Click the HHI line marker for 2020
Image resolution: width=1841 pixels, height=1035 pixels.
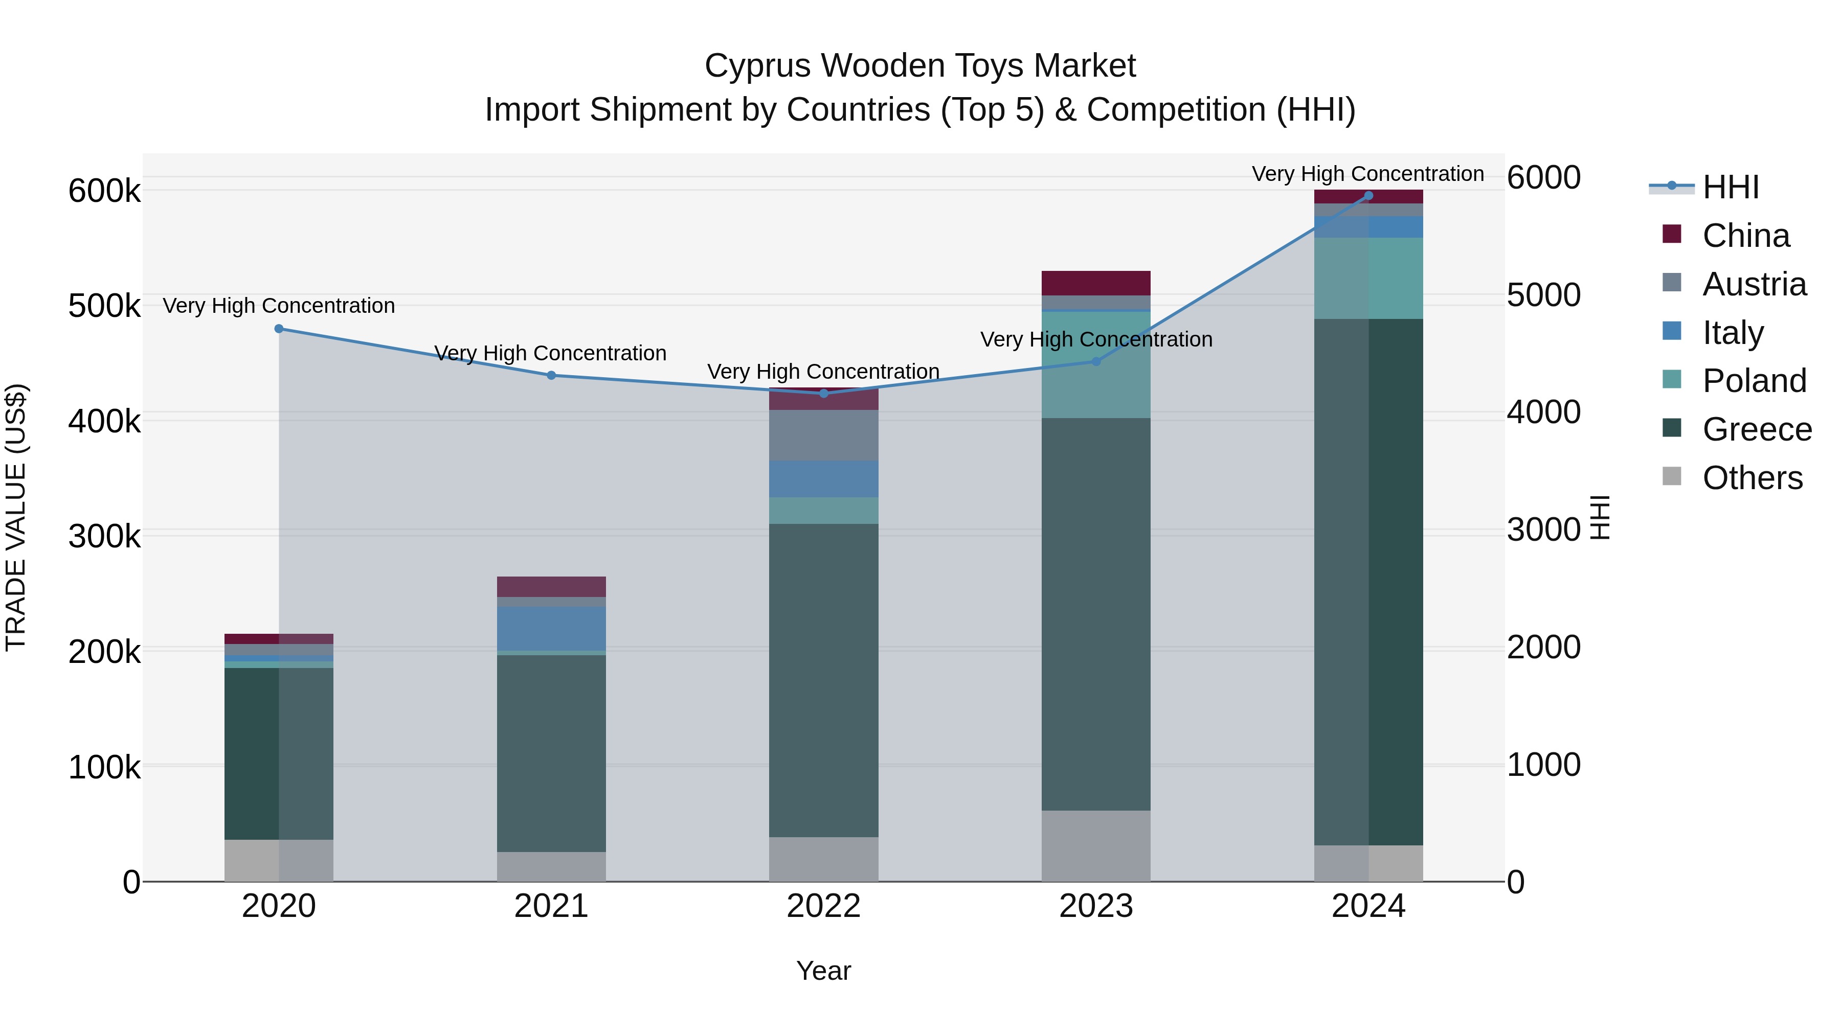tap(279, 329)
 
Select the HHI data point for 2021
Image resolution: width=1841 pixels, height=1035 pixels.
tap(551, 375)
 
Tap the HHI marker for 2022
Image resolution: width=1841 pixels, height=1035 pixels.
tap(823, 394)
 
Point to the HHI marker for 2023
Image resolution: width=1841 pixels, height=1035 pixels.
tap(1096, 361)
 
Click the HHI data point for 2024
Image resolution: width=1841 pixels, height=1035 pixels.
tap(1368, 196)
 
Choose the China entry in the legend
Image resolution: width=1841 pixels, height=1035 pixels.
tap(1745, 236)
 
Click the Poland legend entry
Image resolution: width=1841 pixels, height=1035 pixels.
tap(1754, 381)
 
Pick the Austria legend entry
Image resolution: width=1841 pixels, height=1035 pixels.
tap(1754, 284)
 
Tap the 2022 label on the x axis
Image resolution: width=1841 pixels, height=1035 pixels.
tap(823, 906)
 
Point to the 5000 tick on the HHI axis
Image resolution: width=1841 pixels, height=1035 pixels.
tap(1544, 295)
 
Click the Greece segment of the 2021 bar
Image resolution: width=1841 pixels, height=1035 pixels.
tap(551, 753)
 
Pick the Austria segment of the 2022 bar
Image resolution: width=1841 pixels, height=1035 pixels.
tap(823, 435)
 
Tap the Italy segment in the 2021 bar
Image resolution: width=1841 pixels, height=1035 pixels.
tap(551, 629)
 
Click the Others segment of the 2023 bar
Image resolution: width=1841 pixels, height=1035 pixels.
tap(1096, 846)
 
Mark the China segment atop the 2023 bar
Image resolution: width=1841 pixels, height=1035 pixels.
tap(1096, 283)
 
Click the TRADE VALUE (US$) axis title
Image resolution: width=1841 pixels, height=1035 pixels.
tap(16, 517)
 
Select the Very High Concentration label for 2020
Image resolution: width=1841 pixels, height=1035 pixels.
tap(279, 306)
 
